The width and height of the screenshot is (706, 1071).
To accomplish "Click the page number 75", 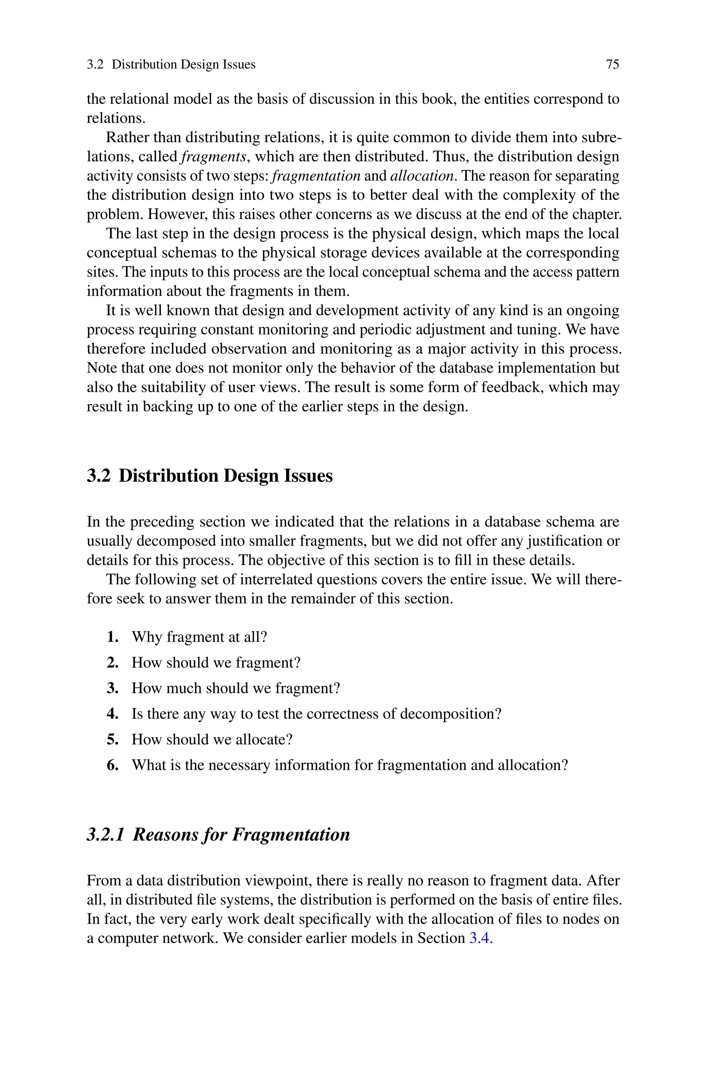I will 612,65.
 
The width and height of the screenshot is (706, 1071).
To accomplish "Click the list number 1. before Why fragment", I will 113,637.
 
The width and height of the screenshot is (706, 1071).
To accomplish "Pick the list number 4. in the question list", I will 113,714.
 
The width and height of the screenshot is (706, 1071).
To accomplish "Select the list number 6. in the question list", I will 113,765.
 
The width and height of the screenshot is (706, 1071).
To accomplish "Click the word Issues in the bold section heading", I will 308,476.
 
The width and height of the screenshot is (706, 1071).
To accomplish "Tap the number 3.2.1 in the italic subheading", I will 105,834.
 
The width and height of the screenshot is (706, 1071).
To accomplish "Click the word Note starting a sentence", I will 101,368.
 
